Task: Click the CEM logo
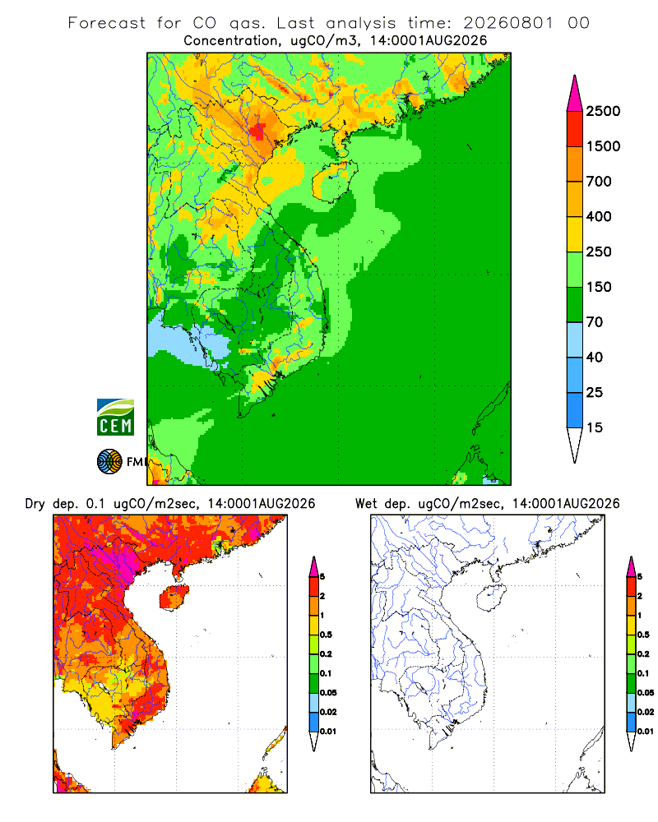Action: point(115,418)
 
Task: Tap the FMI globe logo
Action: point(109,462)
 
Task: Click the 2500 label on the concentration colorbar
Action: point(603,111)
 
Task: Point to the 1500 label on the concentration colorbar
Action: point(603,146)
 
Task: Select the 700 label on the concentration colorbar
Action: point(599,182)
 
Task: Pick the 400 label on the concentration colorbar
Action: point(599,216)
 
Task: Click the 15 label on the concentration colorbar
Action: point(595,427)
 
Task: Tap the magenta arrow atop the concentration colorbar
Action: point(575,94)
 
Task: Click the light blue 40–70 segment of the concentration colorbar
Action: point(575,339)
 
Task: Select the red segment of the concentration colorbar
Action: point(575,129)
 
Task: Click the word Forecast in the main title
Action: point(107,23)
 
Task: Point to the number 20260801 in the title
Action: point(508,23)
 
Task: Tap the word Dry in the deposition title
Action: point(35,504)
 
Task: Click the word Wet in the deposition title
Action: point(366,504)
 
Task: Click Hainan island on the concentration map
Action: point(334,180)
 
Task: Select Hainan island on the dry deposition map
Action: point(173,598)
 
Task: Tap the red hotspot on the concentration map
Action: point(258,130)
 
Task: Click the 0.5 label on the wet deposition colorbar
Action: point(642,635)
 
